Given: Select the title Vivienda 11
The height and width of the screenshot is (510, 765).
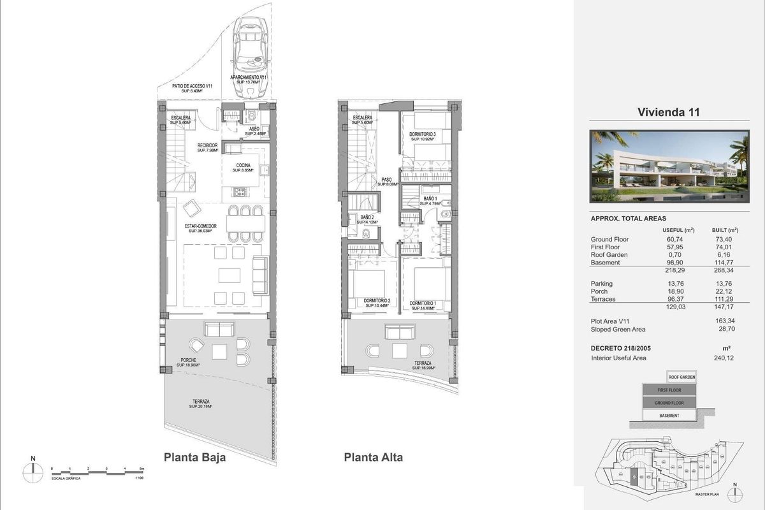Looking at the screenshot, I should [x=669, y=113].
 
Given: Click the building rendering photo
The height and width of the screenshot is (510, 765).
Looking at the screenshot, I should [x=669, y=166].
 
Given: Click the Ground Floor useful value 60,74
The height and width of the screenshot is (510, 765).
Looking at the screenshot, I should [x=673, y=239].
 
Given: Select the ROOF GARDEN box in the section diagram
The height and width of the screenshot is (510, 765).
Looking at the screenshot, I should [x=681, y=377].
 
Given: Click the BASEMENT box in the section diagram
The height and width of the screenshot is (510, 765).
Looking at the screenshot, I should [x=669, y=416].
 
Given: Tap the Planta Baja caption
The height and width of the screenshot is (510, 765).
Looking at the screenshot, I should [x=194, y=457].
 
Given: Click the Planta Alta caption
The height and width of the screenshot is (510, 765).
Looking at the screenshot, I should [x=373, y=457].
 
